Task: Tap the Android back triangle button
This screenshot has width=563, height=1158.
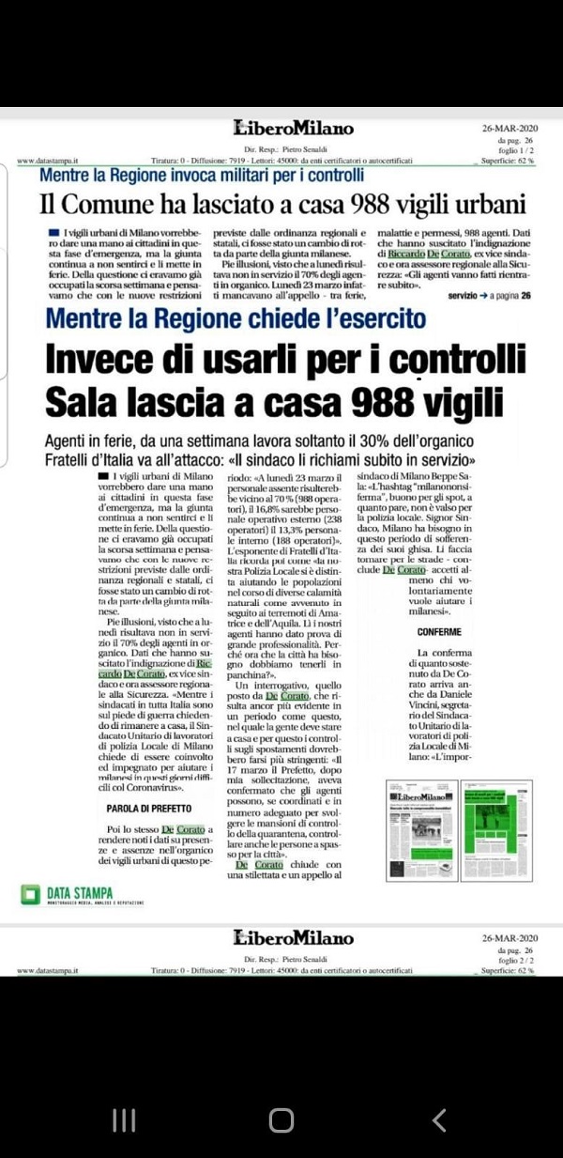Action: tap(438, 1119)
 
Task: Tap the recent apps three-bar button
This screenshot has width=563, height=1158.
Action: tap(124, 1119)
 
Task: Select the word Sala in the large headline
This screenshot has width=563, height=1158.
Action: tap(85, 403)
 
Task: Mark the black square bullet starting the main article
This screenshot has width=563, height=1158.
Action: tap(102, 479)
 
